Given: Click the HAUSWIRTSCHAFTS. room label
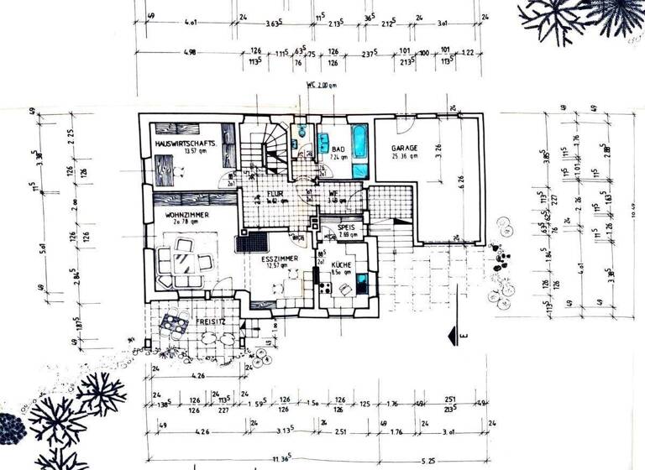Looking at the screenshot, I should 186,144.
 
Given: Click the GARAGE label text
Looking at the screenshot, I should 405,148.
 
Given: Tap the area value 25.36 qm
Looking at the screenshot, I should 405,156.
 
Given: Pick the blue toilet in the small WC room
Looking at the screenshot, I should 301,132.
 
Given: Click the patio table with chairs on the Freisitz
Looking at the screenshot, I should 175,322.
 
